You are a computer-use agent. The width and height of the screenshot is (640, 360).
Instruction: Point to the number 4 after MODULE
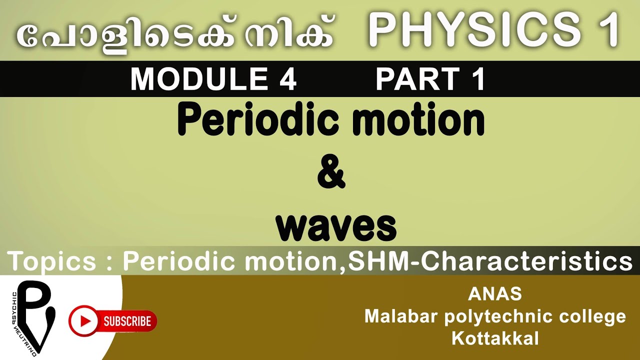287,79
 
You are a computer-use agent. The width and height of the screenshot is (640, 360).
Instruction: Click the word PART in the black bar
418,79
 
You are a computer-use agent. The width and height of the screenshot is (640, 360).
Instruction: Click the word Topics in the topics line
51,261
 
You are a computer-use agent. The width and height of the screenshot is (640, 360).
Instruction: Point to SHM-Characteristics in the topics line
490,261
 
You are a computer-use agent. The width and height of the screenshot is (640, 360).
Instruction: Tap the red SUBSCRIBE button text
127,320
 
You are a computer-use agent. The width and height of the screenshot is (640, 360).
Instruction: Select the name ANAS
494,294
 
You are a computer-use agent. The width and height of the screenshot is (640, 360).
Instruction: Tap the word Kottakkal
495,338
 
